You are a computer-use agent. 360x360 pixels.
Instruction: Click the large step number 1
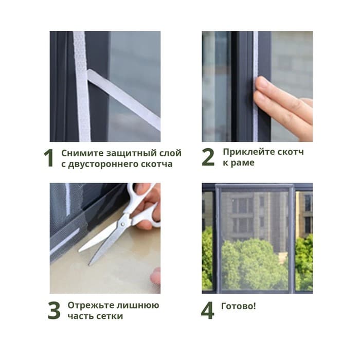point(49,158)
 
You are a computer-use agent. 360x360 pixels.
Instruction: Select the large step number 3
point(54,311)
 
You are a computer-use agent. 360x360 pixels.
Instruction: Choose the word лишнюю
point(137,305)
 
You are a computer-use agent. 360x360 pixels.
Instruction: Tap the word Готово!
point(238,306)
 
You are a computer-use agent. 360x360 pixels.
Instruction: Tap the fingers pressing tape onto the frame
point(283,103)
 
